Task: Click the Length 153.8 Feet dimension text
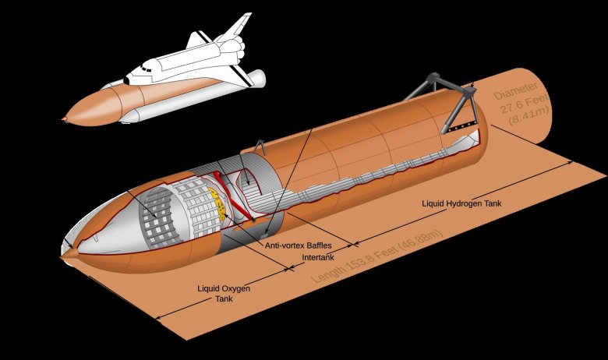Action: pyautogui.click(x=377, y=256)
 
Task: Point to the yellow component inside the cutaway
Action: pyautogui.click(x=219, y=205)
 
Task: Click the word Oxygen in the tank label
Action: pyautogui.click(x=234, y=288)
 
